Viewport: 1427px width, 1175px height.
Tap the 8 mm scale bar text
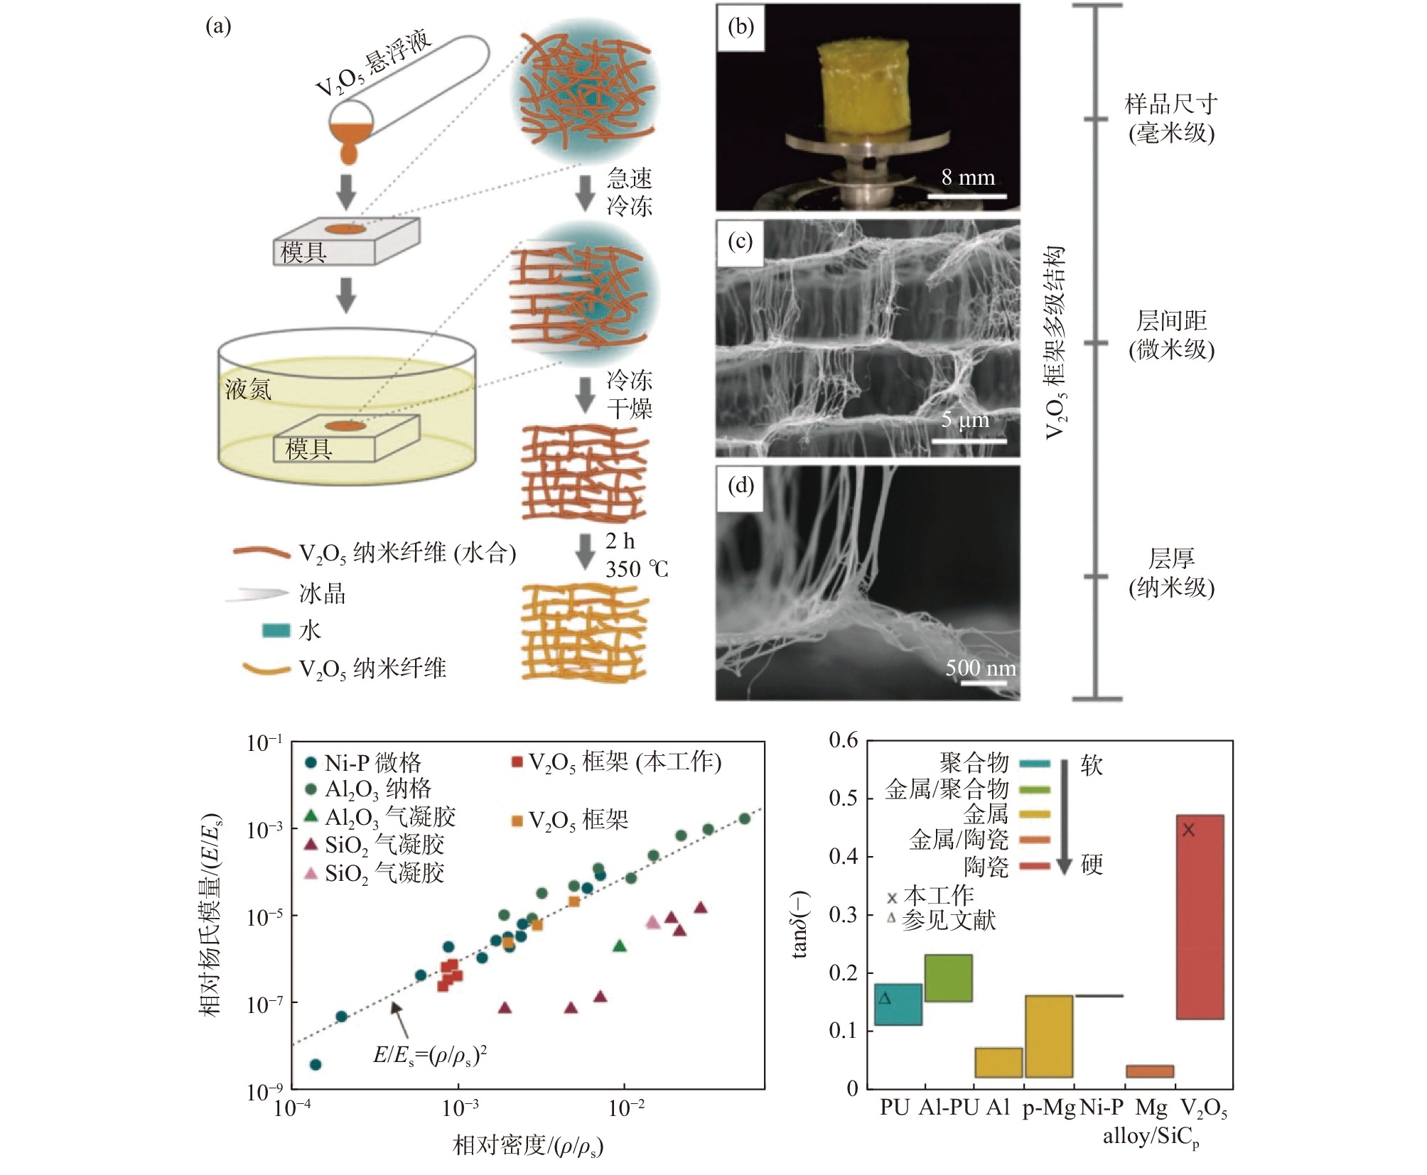968,177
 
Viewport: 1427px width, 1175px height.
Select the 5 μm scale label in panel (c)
964,419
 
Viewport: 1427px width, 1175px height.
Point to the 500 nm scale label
980,668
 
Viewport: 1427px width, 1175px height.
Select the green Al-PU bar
948,978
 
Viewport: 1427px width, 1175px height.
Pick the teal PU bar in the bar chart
898,1004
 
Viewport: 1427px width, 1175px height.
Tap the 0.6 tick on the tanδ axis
844,740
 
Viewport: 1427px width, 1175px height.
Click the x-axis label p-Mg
1048,1108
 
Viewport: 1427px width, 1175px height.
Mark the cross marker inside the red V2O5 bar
1188,830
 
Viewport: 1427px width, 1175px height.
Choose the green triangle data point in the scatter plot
620,946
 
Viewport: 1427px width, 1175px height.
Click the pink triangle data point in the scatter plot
653,922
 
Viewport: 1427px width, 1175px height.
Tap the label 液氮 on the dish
248,389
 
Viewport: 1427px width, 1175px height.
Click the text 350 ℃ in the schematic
637,569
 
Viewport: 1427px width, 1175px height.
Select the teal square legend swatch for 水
276,630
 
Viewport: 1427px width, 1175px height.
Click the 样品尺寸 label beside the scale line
1170,104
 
